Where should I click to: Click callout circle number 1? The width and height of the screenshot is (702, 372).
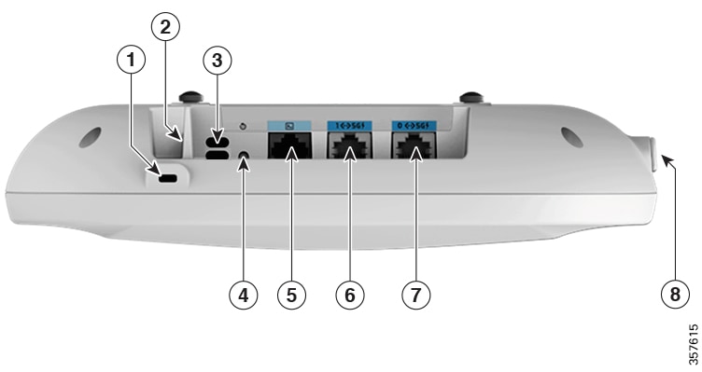tap(133, 61)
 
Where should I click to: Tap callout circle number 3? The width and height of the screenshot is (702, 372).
tap(216, 61)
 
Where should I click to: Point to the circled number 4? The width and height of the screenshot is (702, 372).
tap(243, 296)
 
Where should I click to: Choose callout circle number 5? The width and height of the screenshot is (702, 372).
tap(292, 296)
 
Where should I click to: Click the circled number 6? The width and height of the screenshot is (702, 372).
tap(352, 296)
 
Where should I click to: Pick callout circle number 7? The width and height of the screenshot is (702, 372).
tap(414, 296)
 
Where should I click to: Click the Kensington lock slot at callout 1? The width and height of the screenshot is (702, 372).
tap(169, 178)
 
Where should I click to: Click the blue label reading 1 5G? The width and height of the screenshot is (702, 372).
tap(346, 124)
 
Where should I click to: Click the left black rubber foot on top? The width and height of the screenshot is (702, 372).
tap(192, 97)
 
